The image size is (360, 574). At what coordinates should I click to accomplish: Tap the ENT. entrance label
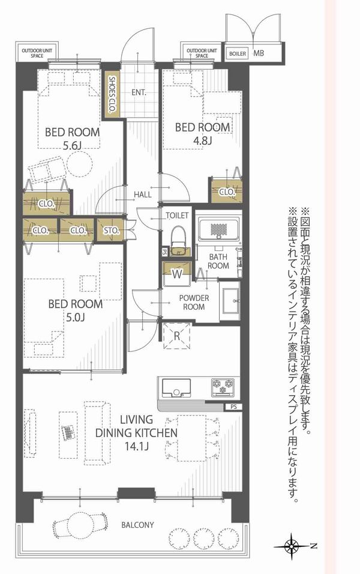139,92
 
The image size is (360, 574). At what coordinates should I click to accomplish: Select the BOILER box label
238,53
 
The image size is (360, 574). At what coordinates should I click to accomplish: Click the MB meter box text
259,53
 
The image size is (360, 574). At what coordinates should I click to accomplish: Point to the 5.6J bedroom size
72,146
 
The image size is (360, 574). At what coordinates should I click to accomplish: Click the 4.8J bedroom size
202,140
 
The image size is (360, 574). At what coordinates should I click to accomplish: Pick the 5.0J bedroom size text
76,317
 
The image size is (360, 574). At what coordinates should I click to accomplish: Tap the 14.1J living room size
136,446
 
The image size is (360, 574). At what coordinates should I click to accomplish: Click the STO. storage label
111,231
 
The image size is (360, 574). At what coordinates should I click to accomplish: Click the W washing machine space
177,274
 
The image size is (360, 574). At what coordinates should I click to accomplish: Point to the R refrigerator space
177,336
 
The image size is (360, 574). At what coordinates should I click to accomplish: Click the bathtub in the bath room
219,229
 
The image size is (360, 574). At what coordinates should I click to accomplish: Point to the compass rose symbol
292,545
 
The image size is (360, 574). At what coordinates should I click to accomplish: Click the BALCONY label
137,525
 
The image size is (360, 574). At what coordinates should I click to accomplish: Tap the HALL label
143,195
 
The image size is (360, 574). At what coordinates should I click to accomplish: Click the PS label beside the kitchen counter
234,406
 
